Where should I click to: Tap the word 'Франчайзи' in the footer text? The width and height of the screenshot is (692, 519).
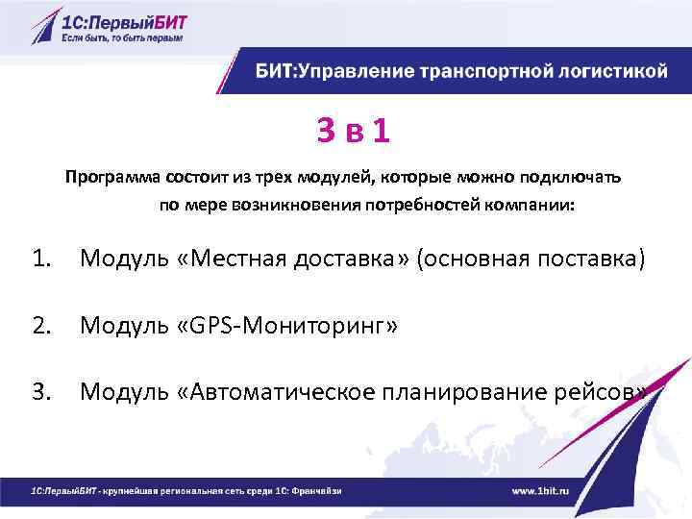(x=318, y=491)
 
